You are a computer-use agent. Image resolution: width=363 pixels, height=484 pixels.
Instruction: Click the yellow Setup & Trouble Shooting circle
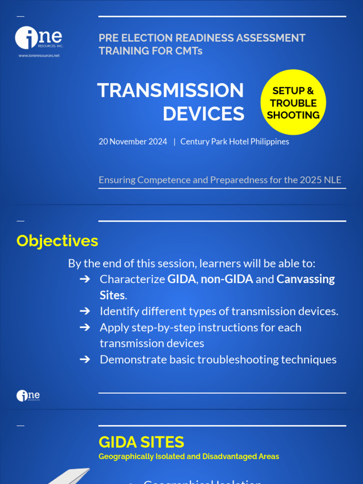click(x=293, y=103)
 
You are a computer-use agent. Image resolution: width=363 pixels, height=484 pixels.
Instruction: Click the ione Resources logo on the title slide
click(x=39, y=38)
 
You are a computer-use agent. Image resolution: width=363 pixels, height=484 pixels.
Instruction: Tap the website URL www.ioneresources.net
click(x=39, y=56)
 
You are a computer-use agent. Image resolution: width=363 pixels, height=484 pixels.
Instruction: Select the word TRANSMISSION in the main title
click(x=171, y=91)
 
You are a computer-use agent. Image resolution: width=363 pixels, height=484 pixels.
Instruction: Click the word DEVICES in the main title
click(x=204, y=114)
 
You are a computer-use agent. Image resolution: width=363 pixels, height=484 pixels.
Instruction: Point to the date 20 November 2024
click(x=133, y=142)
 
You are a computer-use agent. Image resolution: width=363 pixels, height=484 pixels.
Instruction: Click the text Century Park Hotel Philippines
click(x=234, y=142)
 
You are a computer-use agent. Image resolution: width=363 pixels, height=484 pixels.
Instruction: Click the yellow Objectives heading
click(x=57, y=241)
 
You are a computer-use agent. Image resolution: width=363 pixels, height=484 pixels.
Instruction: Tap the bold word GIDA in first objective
click(x=181, y=279)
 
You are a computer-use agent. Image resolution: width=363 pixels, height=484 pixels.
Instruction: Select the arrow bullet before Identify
click(x=85, y=311)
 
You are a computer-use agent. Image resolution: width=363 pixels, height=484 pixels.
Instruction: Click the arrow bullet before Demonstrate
click(x=85, y=360)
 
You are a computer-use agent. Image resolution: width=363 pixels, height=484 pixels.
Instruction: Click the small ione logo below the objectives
click(x=28, y=396)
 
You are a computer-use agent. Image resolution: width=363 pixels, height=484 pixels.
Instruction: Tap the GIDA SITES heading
click(x=141, y=442)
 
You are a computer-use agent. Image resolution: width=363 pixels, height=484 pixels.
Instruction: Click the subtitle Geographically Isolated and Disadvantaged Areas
click(x=189, y=457)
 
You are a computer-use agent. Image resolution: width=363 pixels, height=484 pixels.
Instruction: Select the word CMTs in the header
click(x=190, y=51)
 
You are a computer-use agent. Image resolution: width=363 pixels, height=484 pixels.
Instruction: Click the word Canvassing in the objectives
click(x=305, y=279)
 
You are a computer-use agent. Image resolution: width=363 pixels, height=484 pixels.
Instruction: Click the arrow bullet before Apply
click(x=85, y=328)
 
